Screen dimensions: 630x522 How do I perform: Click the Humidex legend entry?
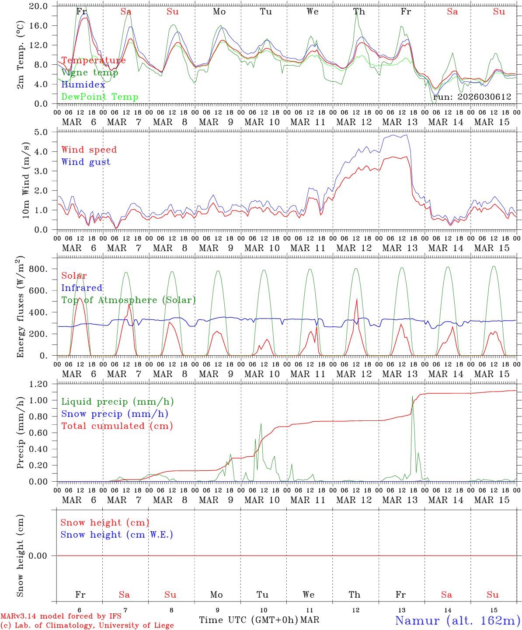pyautogui.click(x=83, y=85)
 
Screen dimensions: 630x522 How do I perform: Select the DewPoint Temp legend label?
pyautogui.click(x=100, y=97)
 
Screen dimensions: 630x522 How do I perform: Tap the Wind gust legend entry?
pyautogui.click(x=86, y=162)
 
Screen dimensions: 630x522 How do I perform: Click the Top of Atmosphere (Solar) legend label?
pyautogui.click(x=128, y=300)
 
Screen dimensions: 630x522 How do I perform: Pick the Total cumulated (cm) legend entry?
pyautogui.click(x=117, y=426)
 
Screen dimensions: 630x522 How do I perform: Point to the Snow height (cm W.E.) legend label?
pyautogui.click(x=116, y=535)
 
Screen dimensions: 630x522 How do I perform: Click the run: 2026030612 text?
pyautogui.click(x=472, y=97)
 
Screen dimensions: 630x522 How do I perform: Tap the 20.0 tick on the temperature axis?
pyautogui.click(x=38, y=6)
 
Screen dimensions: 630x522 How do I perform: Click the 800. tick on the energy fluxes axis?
pyautogui.click(x=38, y=269)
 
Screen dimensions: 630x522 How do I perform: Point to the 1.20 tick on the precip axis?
pyautogui.click(x=38, y=384)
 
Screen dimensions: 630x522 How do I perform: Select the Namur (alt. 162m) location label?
pyautogui.click(x=457, y=620)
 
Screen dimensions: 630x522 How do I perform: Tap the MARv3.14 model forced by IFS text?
pyautogui.click(x=61, y=616)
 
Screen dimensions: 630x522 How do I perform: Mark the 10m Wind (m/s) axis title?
pyautogui.click(x=26, y=180)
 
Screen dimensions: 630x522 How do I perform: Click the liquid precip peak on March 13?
pyautogui.click(x=412, y=396)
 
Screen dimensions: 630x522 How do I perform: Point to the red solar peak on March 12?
pyautogui.click(x=357, y=299)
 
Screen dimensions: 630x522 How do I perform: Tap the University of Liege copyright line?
pyautogui.click(x=87, y=626)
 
